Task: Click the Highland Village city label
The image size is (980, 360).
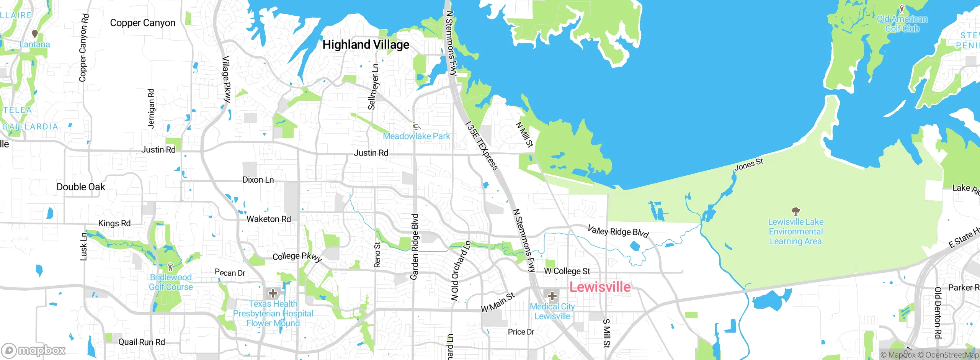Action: point(366,45)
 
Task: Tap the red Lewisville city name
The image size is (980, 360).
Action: point(600,287)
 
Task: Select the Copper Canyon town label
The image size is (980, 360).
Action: point(142,23)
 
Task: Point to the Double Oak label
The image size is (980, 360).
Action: point(81,187)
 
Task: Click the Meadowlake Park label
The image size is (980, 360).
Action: point(416,136)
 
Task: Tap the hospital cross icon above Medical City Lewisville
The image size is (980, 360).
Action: point(552,296)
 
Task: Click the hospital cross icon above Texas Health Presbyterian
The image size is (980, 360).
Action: point(273,294)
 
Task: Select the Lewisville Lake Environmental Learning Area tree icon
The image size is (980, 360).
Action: point(796,211)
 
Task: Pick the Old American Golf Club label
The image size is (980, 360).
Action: point(902,24)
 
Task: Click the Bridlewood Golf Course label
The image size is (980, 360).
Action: point(171,282)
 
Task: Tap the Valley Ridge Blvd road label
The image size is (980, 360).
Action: point(618,232)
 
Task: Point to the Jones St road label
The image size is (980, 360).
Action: point(749,164)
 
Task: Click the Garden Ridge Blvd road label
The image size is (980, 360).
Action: point(414,247)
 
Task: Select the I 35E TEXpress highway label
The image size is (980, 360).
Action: point(482,146)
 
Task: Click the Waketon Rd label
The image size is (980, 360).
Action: point(269,219)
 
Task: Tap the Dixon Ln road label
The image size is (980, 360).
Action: point(258,180)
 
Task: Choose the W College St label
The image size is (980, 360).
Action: point(567,271)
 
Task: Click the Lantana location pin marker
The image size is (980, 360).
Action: point(35,34)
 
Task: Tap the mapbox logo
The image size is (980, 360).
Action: point(34,350)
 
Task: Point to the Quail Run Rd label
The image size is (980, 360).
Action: point(142,342)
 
